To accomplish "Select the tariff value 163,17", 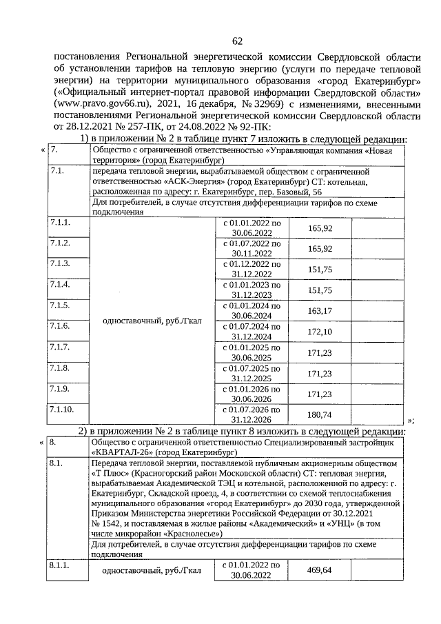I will tap(320, 310).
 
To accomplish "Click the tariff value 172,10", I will tap(320, 332).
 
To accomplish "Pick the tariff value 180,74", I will tap(320, 414).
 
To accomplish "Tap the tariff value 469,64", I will tap(320, 571).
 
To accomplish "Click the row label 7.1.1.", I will tap(61, 223).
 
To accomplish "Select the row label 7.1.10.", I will tap(63, 410).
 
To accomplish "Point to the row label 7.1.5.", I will tap(61, 305).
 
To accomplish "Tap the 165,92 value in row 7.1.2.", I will tap(320, 249).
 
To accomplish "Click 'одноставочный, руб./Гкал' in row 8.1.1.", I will tap(151, 571).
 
